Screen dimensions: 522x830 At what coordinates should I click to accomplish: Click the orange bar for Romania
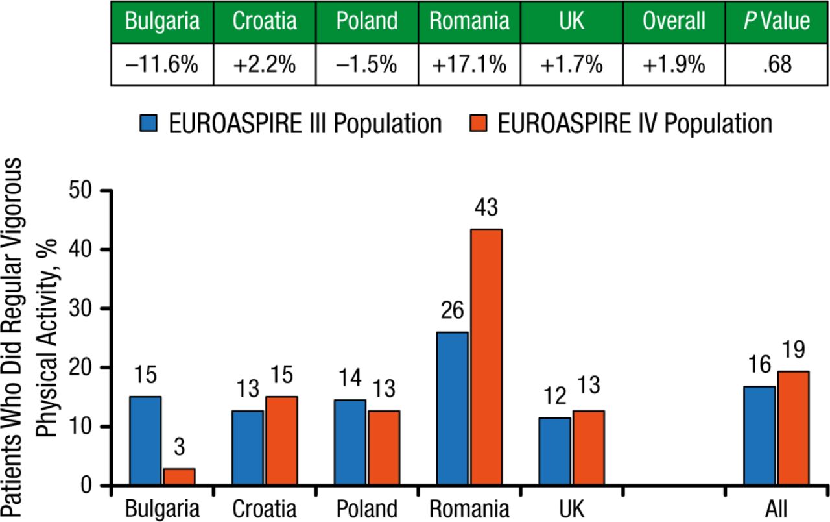[x=485, y=357]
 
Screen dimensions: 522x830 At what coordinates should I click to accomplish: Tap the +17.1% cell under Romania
[x=469, y=64]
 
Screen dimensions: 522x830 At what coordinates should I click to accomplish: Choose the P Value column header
[x=776, y=21]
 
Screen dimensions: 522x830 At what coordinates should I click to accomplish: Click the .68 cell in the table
[x=776, y=64]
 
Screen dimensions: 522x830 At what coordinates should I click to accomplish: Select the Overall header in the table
[x=674, y=21]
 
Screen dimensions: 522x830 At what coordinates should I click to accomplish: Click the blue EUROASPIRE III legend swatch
[x=150, y=123]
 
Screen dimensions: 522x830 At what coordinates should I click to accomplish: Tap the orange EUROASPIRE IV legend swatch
[x=479, y=123]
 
